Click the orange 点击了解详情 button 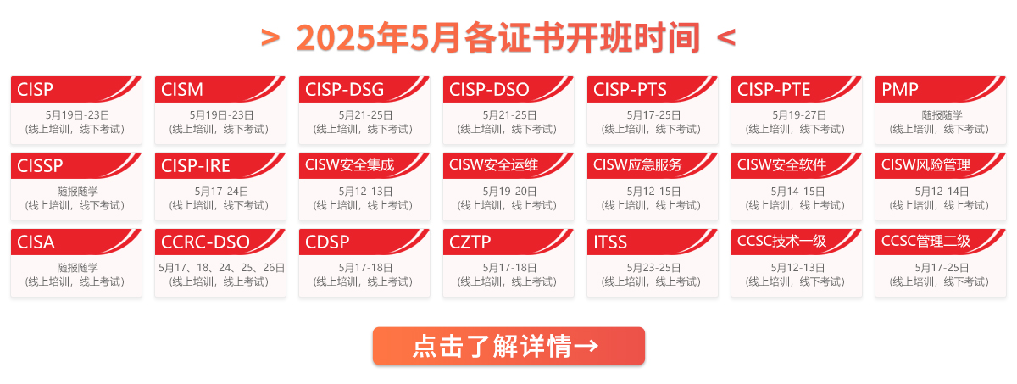(508, 346)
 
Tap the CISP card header (35, 89)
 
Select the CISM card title (182, 89)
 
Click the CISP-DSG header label (344, 89)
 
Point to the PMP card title (900, 89)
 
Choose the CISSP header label (40, 165)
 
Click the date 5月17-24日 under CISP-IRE (221, 192)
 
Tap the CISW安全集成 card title (349, 164)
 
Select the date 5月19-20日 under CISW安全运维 (509, 192)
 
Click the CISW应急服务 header (637, 164)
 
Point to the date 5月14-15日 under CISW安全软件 (797, 192)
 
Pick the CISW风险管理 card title (925, 164)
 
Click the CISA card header (36, 242)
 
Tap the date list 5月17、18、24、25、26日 (221, 268)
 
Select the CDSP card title (327, 242)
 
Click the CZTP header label (470, 242)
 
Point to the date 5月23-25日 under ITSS (653, 268)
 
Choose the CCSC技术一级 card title (781, 241)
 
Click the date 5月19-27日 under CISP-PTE (798, 115)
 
